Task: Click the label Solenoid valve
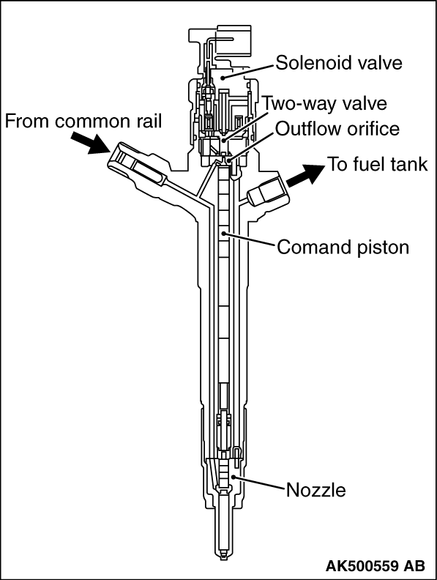click(339, 62)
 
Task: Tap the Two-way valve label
click(325, 103)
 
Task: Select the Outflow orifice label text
click(337, 129)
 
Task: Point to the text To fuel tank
click(378, 164)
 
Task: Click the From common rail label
click(83, 121)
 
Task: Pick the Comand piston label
click(343, 247)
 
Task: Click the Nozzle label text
click(316, 490)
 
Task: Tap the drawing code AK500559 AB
click(376, 565)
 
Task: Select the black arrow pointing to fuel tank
click(305, 174)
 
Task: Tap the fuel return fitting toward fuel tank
click(266, 192)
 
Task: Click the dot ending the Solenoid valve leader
click(223, 77)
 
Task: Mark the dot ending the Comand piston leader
click(224, 234)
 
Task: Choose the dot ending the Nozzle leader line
click(233, 477)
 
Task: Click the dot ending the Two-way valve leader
click(223, 140)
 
